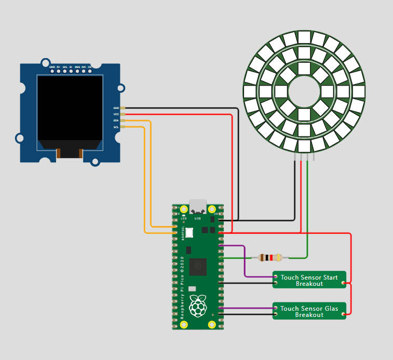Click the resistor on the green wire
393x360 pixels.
pyautogui.click(x=269, y=257)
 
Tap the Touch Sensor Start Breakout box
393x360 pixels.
pyautogui.click(x=309, y=280)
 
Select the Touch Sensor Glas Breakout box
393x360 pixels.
pyautogui.click(x=309, y=311)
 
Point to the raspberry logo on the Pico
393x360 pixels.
pyautogui.click(x=198, y=306)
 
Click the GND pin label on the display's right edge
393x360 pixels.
pyautogui.click(x=116, y=108)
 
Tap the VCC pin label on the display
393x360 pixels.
pyautogui.click(x=116, y=114)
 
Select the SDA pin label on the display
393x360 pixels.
pyautogui.click(x=116, y=120)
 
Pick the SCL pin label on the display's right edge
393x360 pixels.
pyautogui.click(x=116, y=127)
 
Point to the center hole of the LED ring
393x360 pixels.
pyautogui.click(x=304, y=92)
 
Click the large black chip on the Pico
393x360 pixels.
pyautogui.click(x=198, y=267)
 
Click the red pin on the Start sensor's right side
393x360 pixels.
pyautogui.click(x=346, y=283)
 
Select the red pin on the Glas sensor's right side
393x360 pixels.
pyautogui.click(x=346, y=313)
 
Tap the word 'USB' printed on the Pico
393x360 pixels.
pyautogui.click(x=198, y=218)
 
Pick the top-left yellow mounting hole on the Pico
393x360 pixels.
pyautogui.click(x=184, y=210)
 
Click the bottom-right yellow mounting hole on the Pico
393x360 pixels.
pyautogui.click(x=212, y=325)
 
